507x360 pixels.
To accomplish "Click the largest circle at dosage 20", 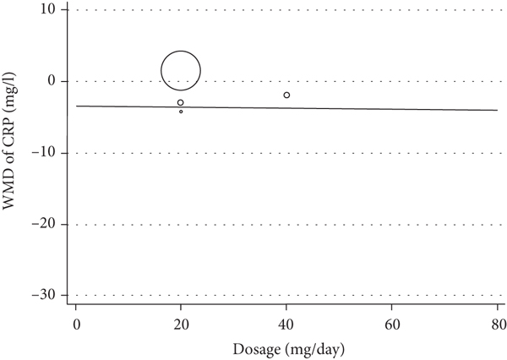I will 181,71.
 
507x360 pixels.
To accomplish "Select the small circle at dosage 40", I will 286,95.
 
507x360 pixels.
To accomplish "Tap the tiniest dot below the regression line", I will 181,112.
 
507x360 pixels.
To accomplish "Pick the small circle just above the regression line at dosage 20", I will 180,102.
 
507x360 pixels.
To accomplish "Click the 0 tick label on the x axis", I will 76,323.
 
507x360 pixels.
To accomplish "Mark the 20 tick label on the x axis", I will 181,323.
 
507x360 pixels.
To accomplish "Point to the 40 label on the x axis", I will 286,323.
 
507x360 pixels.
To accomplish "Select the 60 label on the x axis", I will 391,323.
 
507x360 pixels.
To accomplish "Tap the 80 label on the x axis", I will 496,323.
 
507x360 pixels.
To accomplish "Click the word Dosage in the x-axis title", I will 259,346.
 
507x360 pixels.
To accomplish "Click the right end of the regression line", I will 496,110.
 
